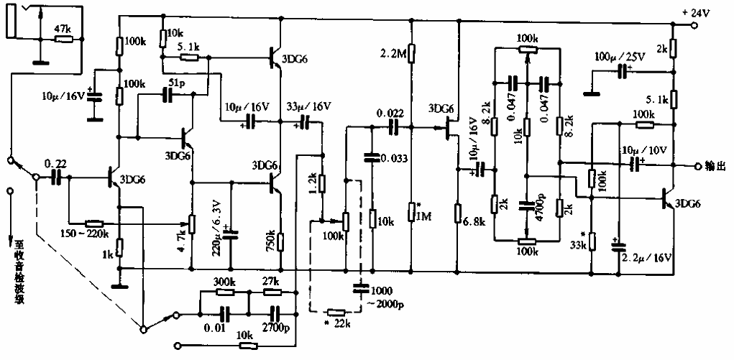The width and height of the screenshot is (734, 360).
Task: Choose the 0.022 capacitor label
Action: tap(392, 113)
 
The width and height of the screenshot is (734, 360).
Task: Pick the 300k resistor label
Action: tap(225, 282)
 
